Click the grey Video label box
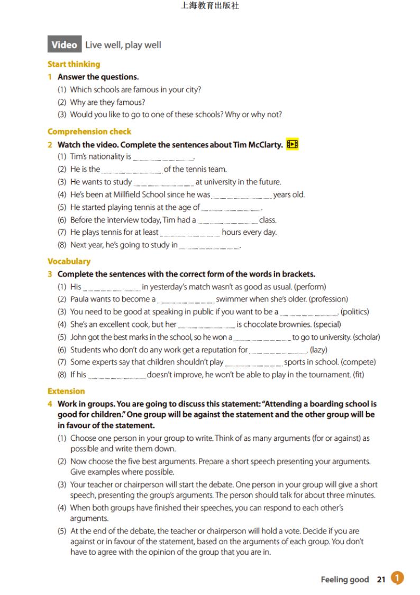coord(65,45)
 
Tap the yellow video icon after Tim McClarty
coord(292,145)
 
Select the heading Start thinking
coord(74,64)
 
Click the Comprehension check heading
coord(89,131)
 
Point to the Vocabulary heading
coord(69,261)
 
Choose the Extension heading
coord(66,391)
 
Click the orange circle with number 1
coord(397,579)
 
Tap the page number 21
coord(381,580)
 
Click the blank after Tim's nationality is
coord(163,158)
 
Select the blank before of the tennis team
coord(132,171)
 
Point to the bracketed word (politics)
coord(354,312)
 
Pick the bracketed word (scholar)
coord(366,337)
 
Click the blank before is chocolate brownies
coord(206,325)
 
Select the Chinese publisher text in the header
coord(210,6)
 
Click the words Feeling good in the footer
coord(344,580)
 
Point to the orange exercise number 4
coord(50,404)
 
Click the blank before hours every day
coord(190,233)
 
